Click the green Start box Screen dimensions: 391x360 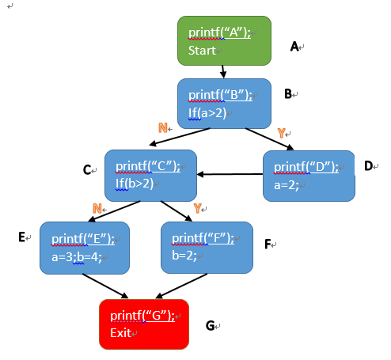(x=224, y=40)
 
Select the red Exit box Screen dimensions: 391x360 (x=144, y=324)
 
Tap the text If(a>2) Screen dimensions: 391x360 (x=207, y=113)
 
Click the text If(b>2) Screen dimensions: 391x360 (x=135, y=184)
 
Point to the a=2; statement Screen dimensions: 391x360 (x=287, y=185)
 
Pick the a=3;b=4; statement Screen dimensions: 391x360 (x=77, y=257)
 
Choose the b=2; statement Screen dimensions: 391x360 (x=184, y=256)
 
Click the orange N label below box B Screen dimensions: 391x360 (x=163, y=128)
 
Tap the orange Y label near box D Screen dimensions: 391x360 (x=282, y=133)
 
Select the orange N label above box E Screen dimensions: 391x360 (x=97, y=209)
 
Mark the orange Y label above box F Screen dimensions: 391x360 (x=197, y=208)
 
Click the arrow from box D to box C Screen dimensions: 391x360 (x=230, y=174)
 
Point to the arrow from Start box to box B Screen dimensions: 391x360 (x=223, y=72)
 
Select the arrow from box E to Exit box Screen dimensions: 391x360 (x=105, y=286)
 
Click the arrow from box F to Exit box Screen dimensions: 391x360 (x=181, y=286)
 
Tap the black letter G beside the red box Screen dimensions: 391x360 (x=210, y=326)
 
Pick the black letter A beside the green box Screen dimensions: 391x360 (x=294, y=47)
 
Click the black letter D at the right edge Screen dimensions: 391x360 (x=368, y=166)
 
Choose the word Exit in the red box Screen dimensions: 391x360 (x=120, y=333)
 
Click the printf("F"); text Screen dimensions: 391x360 (x=203, y=238)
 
